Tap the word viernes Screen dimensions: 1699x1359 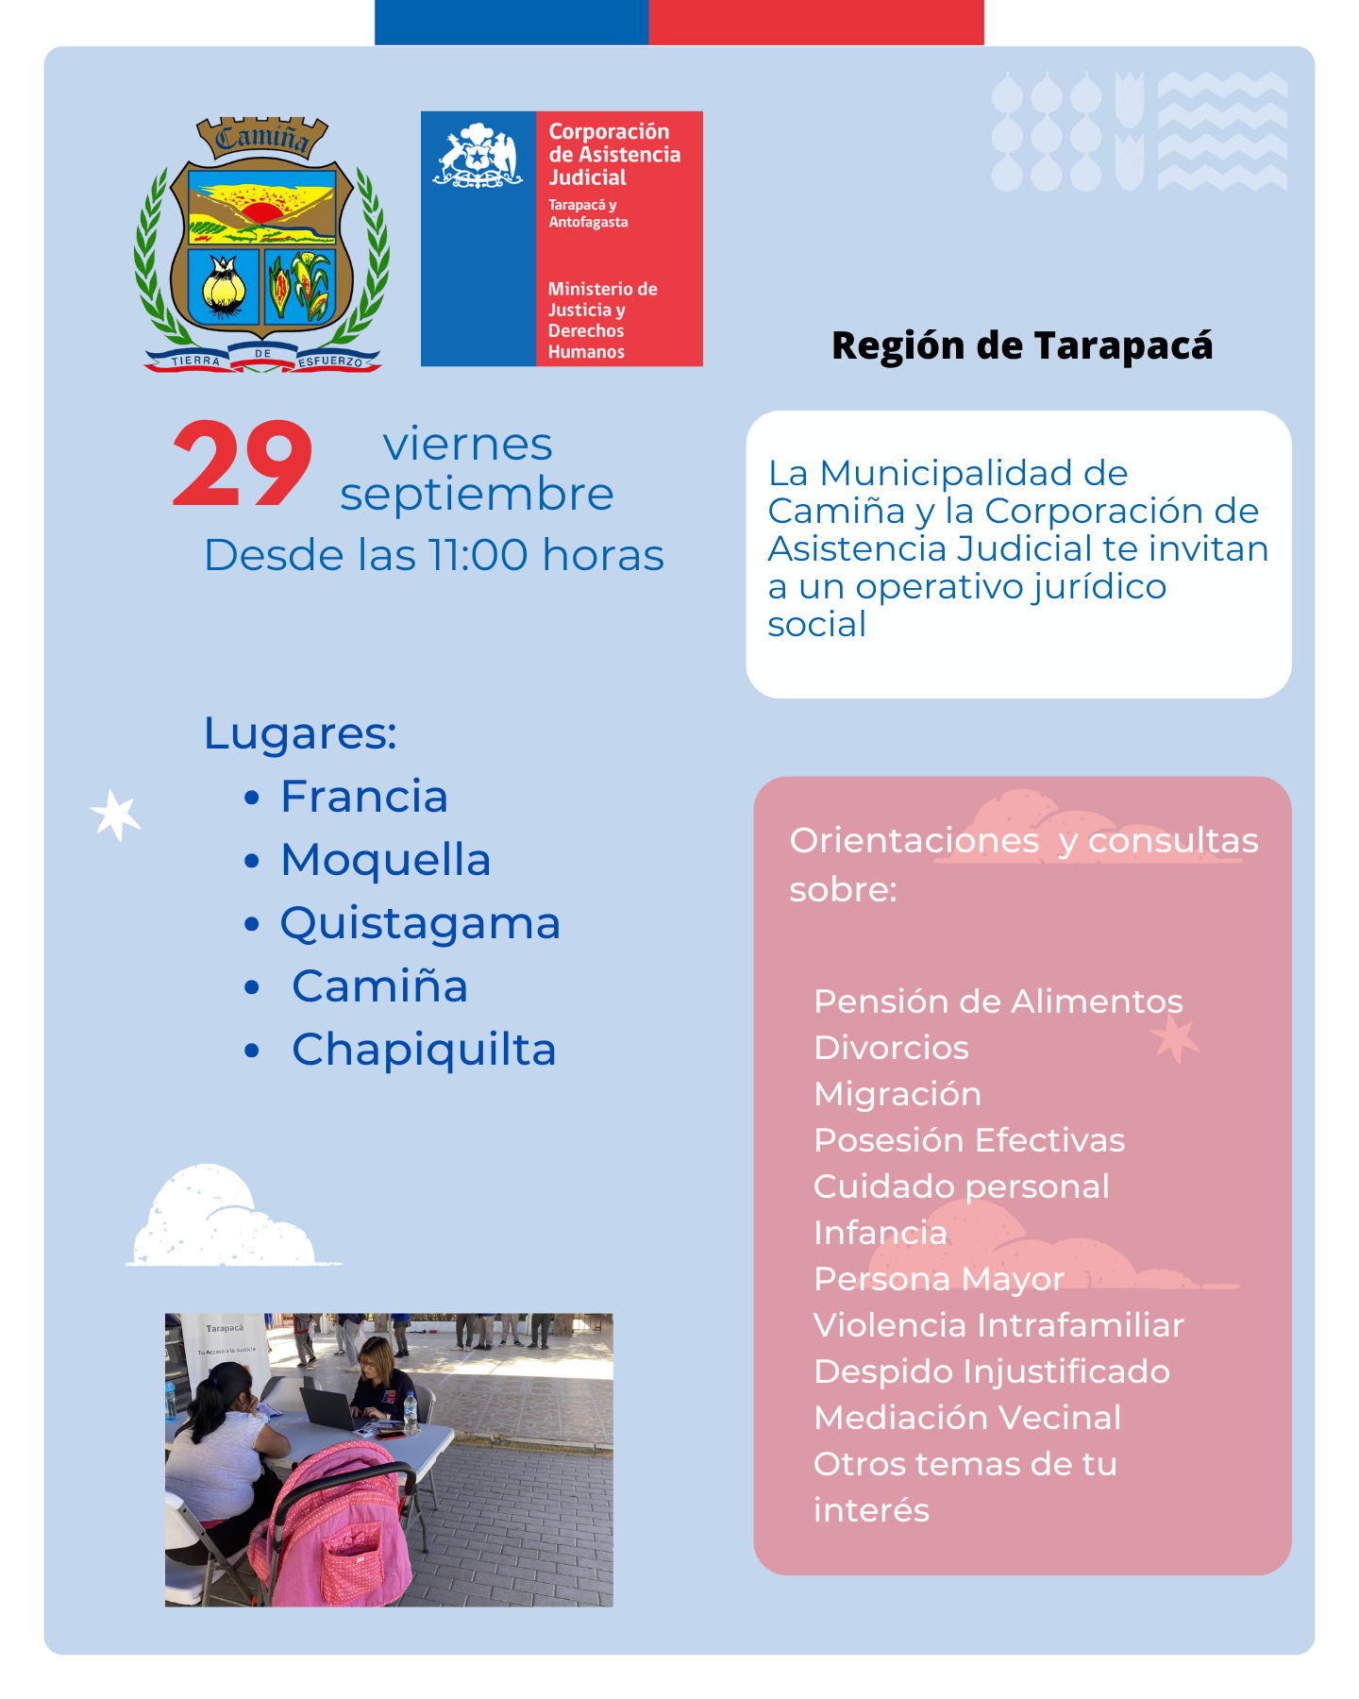tap(467, 445)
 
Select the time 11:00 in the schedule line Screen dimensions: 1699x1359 tap(478, 555)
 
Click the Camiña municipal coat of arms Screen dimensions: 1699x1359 tap(261, 244)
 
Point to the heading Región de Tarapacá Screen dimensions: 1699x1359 tap(1022, 345)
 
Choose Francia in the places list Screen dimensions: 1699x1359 tap(363, 797)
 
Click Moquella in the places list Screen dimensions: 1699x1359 tap(385, 860)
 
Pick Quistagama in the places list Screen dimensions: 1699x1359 tap(420, 923)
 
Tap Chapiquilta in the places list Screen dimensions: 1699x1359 tap(424, 1050)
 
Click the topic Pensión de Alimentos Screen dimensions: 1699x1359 tap(998, 1001)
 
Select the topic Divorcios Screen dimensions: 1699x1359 tap(891, 1048)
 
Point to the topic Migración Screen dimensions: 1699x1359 tap(898, 1094)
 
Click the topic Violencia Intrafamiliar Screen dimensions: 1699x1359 tap(998, 1325)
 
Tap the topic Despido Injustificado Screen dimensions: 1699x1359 tap(992, 1371)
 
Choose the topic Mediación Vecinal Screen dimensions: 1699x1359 tap(967, 1418)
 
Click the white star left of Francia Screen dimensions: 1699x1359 tap(115, 815)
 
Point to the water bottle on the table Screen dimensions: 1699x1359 tap(411, 1412)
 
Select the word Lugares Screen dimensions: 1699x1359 tap(300, 733)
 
